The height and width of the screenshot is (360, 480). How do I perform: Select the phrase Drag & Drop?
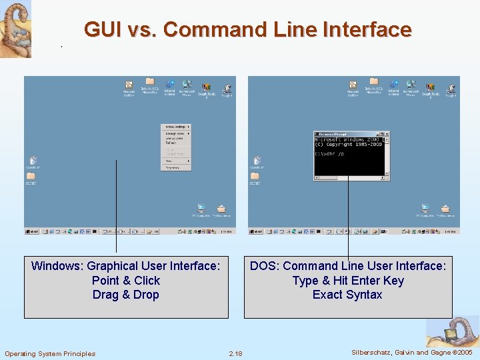click(125, 295)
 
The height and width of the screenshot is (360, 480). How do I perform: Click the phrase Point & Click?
click(126, 280)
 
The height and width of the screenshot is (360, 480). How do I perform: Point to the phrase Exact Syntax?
click(347, 295)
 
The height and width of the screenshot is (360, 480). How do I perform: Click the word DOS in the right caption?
click(263, 266)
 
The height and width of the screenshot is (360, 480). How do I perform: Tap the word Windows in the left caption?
click(57, 266)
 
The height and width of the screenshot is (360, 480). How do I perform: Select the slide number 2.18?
click(235, 353)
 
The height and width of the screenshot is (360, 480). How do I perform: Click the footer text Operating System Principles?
click(50, 353)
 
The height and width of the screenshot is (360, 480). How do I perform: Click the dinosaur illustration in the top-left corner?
click(15, 28)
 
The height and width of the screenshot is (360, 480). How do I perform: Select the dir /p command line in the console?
click(330, 153)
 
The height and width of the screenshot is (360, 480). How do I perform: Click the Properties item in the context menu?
click(172, 167)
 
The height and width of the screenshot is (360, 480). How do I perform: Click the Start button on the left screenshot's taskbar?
click(31, 231)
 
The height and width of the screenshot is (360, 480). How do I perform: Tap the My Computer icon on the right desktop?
click(425, 209)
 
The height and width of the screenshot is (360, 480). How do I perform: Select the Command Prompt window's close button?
click(387, 134)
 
